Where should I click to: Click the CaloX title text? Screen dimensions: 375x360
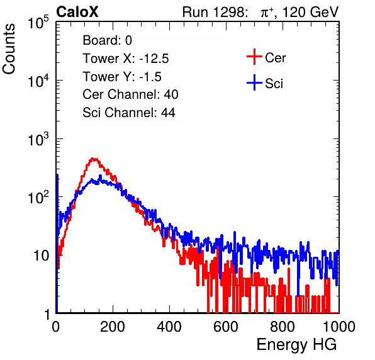(77, 12)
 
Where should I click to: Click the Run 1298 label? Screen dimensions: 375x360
(215, 12)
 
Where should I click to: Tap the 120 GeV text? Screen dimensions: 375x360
(311, 12)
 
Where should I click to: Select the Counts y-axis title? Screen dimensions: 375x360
(9, 49)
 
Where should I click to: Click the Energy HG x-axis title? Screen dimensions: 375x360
(296, 345)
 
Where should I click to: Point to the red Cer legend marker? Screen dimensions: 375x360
(254, 57)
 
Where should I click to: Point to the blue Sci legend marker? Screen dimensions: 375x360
(254, 83)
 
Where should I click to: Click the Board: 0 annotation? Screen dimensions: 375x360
(107, 40)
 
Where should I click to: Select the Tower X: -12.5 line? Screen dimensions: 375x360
(126, 59)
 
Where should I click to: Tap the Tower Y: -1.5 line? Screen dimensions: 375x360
(122, 77)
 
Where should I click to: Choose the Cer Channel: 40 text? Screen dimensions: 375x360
(130, 94)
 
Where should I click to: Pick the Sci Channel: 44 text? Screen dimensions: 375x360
(129, 113)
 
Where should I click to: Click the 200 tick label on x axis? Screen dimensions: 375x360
(113, 327)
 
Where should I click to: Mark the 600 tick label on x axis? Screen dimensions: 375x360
(226, 327)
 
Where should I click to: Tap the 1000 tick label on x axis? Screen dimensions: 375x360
(339, 327)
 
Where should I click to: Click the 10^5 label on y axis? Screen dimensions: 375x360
(38, 23)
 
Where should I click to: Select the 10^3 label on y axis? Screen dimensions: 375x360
(38, 140)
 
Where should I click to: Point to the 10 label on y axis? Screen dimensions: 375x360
(41, 256)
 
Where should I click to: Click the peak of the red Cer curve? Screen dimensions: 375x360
(94, 159)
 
